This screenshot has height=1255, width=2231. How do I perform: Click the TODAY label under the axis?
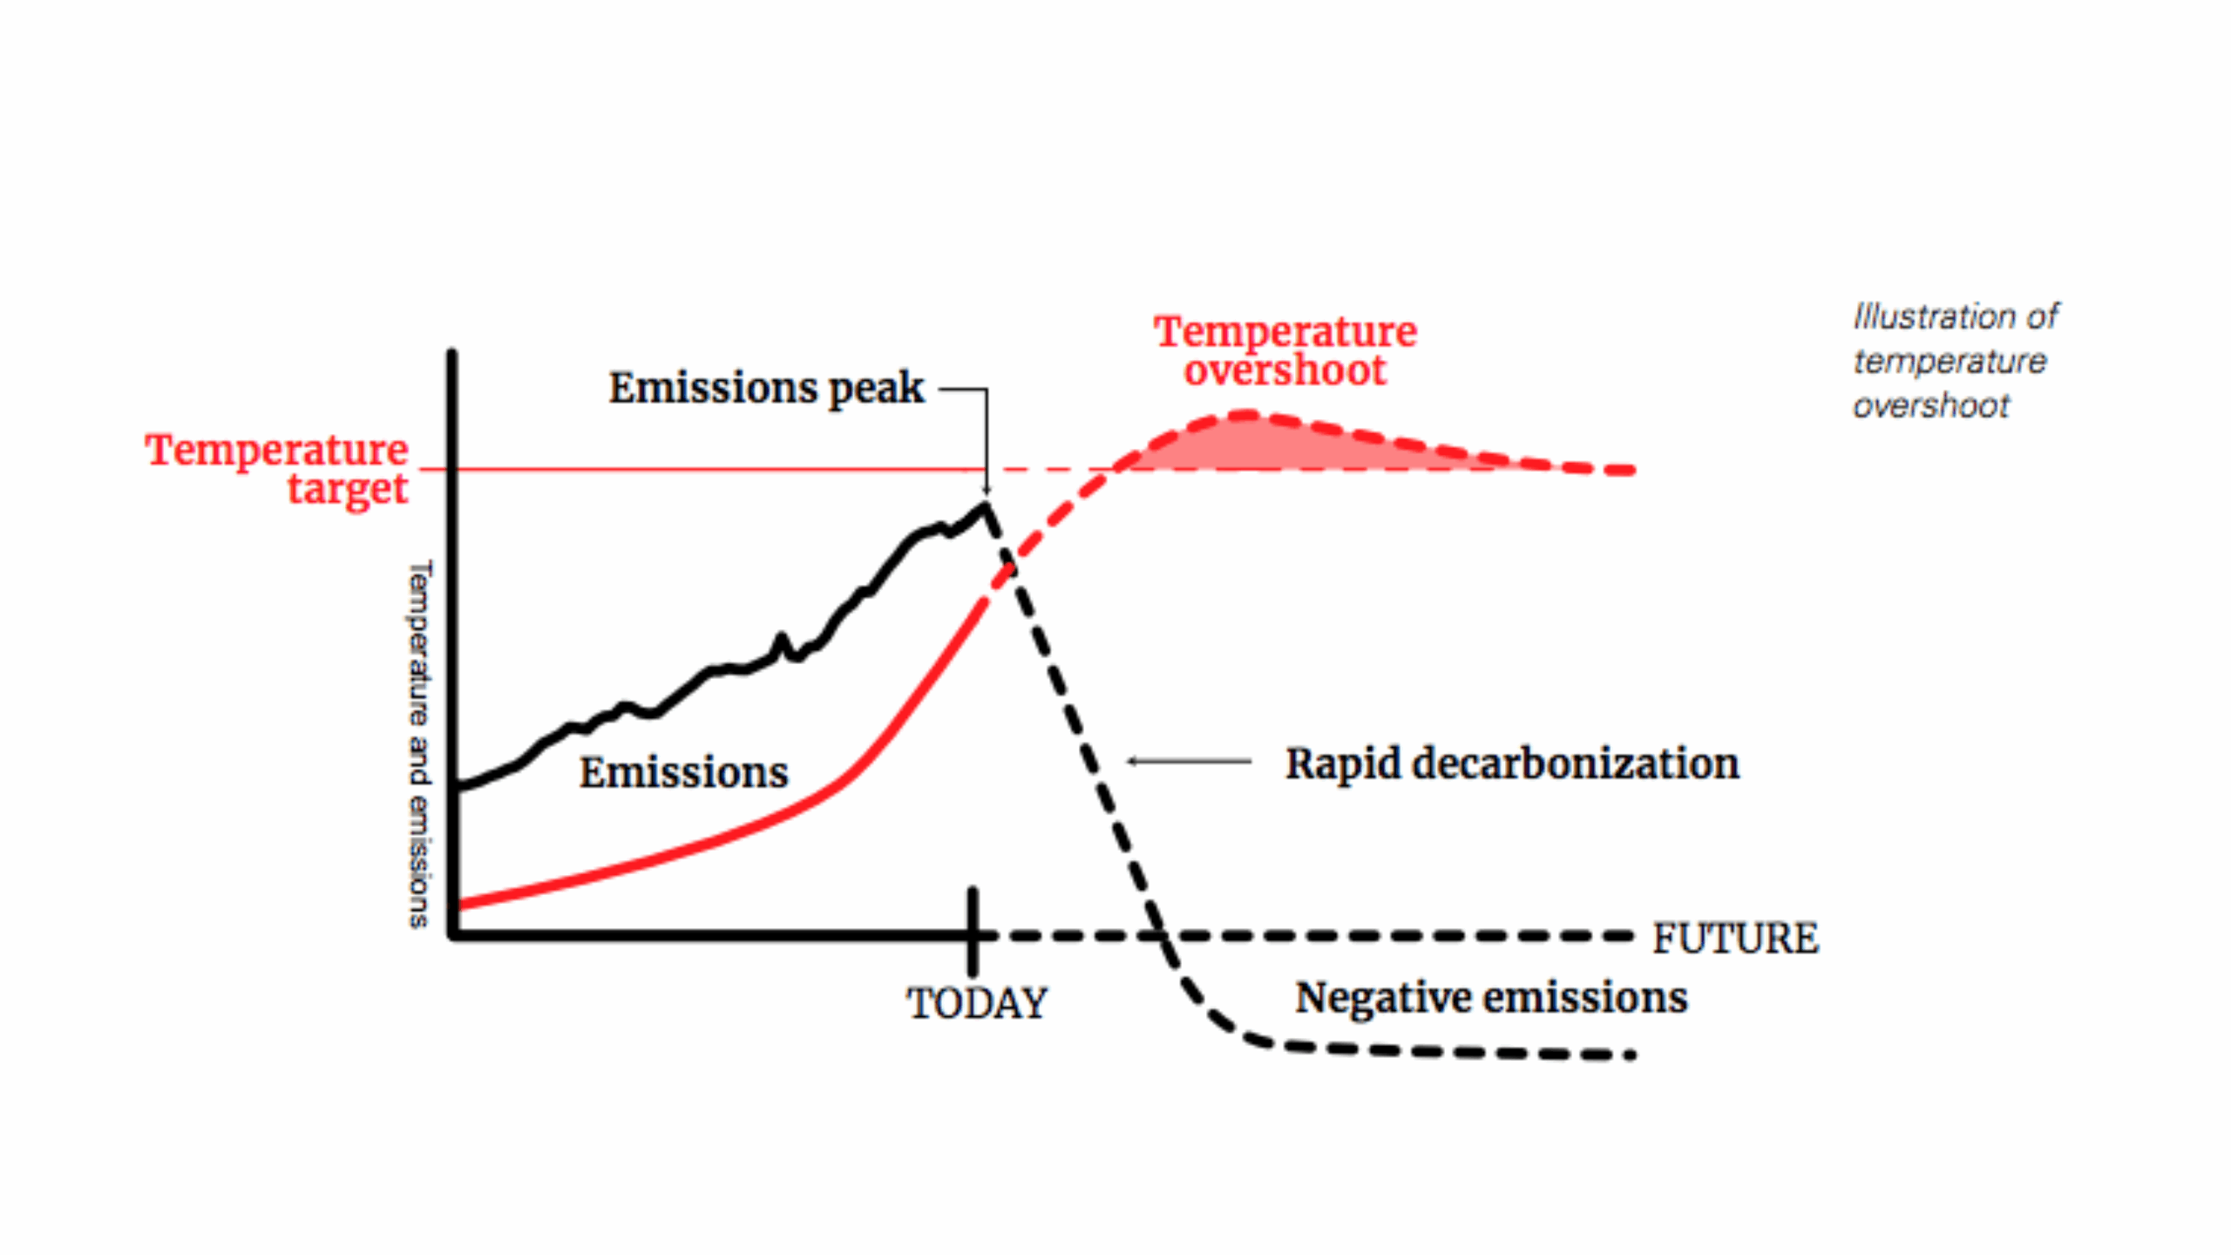[977, 1003]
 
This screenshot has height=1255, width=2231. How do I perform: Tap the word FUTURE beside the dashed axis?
[1735, 939]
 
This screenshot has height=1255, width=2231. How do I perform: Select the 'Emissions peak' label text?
[765, 388]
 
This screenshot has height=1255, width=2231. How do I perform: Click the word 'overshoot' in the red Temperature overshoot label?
[1285, 370]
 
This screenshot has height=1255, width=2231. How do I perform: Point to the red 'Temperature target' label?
[277, 469]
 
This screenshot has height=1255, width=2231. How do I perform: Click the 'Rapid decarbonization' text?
[1512, 763]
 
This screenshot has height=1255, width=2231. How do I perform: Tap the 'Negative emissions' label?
[1491, 997]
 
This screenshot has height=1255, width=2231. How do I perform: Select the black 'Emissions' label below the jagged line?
[684, 772]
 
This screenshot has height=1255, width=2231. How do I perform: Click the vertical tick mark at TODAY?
[973, 933]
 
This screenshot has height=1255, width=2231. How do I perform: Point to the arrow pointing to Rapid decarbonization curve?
[1189, 762]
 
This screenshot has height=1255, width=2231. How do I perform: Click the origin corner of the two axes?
[453, 935]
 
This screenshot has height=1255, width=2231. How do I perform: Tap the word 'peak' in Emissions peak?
[876, 389]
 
